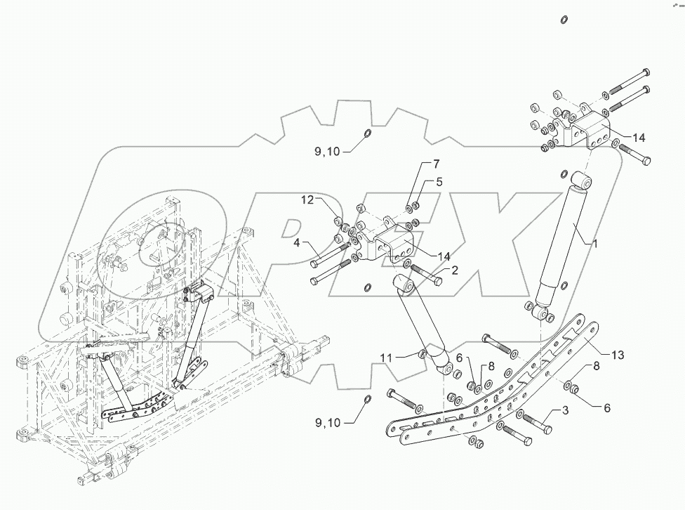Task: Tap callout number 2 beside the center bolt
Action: [x=455, y=270]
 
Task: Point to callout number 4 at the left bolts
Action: [x=298, y=243]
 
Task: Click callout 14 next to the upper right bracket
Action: [x=638, y=137]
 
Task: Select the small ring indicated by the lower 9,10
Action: [x=368, y=400]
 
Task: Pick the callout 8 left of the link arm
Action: [x=491, y=365]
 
